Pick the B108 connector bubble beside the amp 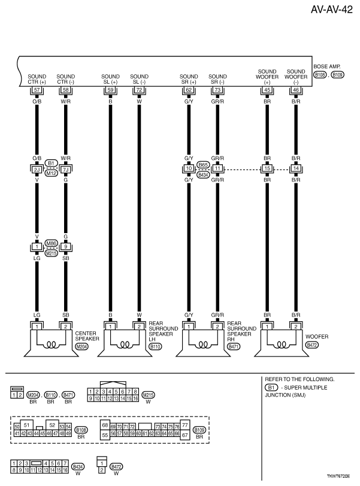click(319, 76)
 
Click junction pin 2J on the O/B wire click(37, 170)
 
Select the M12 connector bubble click(51, 173)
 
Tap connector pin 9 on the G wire click(66, 246)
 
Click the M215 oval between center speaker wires click(52, 253)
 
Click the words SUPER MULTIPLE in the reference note click(305, 388)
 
